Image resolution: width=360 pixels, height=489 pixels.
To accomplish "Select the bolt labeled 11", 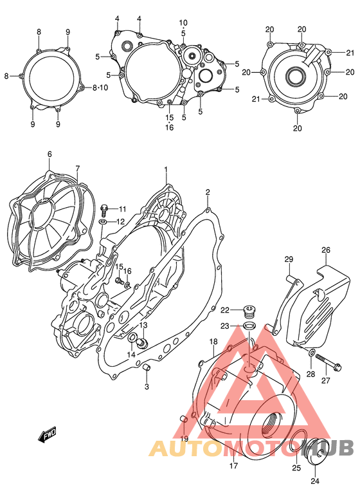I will point(105,208).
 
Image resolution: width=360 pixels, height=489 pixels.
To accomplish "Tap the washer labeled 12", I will point(104,222).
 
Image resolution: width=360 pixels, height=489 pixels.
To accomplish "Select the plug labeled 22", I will point(250,313).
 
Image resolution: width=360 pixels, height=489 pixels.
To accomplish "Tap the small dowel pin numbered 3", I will point(146,367).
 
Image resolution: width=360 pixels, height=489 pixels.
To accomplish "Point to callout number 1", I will point(165,170).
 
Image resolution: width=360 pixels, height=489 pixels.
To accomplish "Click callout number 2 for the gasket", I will point(208,192).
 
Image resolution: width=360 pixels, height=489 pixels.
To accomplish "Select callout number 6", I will point(49,154).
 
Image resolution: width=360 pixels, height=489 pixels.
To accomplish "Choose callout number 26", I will point(326,250).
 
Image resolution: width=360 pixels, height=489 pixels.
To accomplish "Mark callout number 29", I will point(289,259).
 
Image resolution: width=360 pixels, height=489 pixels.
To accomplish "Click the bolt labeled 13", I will point(143,342).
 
